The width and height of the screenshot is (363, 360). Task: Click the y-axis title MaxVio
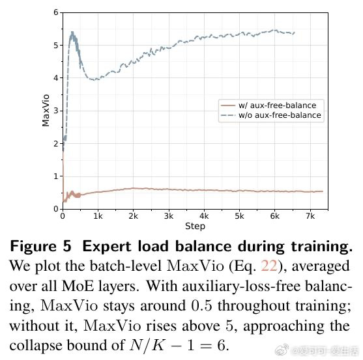click(x=46, y=111)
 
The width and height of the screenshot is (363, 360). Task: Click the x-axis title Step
click(x=195, y=226)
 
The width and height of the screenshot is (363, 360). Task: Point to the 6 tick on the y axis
click(x=56, y=12)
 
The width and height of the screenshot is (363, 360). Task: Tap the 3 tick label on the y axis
click(x=56, y=111)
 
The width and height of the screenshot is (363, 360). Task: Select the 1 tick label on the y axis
click(x=56, y=176)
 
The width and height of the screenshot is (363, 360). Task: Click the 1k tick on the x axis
click(x=98, y=216)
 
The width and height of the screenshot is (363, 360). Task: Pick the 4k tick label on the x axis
click(x=204, y=216)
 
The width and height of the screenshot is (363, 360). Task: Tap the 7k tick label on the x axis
click(x=310, y=216)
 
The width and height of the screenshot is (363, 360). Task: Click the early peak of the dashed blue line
click(x=72, y=33)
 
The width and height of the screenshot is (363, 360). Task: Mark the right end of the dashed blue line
click(x=294, y=33)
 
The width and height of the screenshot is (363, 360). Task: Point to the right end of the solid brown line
click(x=323, y=191)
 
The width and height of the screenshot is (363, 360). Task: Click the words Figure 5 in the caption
click(x=41, y=247)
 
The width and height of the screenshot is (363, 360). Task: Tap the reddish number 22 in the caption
click(x=269, y=266)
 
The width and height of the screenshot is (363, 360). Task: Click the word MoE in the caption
click(x=78, y=286)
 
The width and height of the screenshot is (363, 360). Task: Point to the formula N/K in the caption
click(x=147, y=346)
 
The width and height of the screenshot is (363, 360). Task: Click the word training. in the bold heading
click(x=322, y=247)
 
